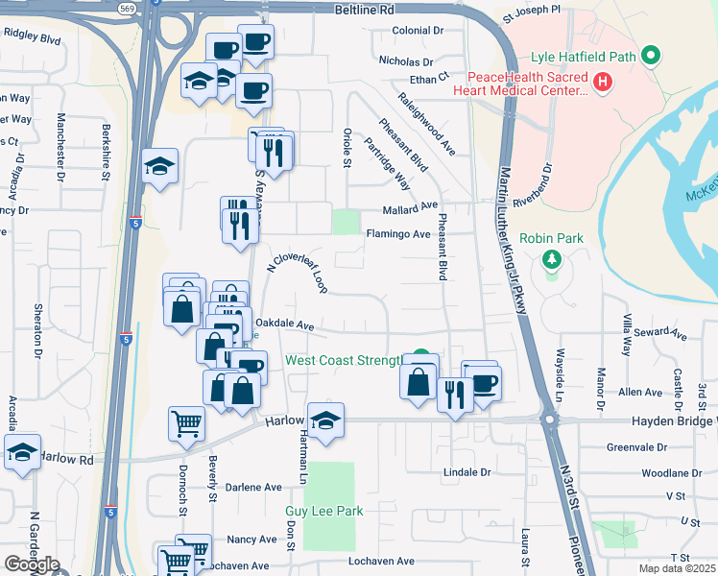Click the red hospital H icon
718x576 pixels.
(603, 83)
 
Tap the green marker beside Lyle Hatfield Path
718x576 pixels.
(652, 57)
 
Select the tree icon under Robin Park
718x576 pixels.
(551, 259)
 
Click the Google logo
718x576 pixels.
(32, 564)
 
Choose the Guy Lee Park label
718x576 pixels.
(323, 512)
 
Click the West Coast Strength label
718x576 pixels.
(343, 361)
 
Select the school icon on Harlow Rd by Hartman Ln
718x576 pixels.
(326, 421)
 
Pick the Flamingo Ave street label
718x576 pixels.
(397, 233)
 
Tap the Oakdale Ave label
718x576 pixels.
(285, 325)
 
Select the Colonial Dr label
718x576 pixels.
(419, 31)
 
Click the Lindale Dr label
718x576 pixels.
(467, 472)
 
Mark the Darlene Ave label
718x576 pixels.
(253, 487)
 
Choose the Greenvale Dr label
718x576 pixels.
(636, 447)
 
